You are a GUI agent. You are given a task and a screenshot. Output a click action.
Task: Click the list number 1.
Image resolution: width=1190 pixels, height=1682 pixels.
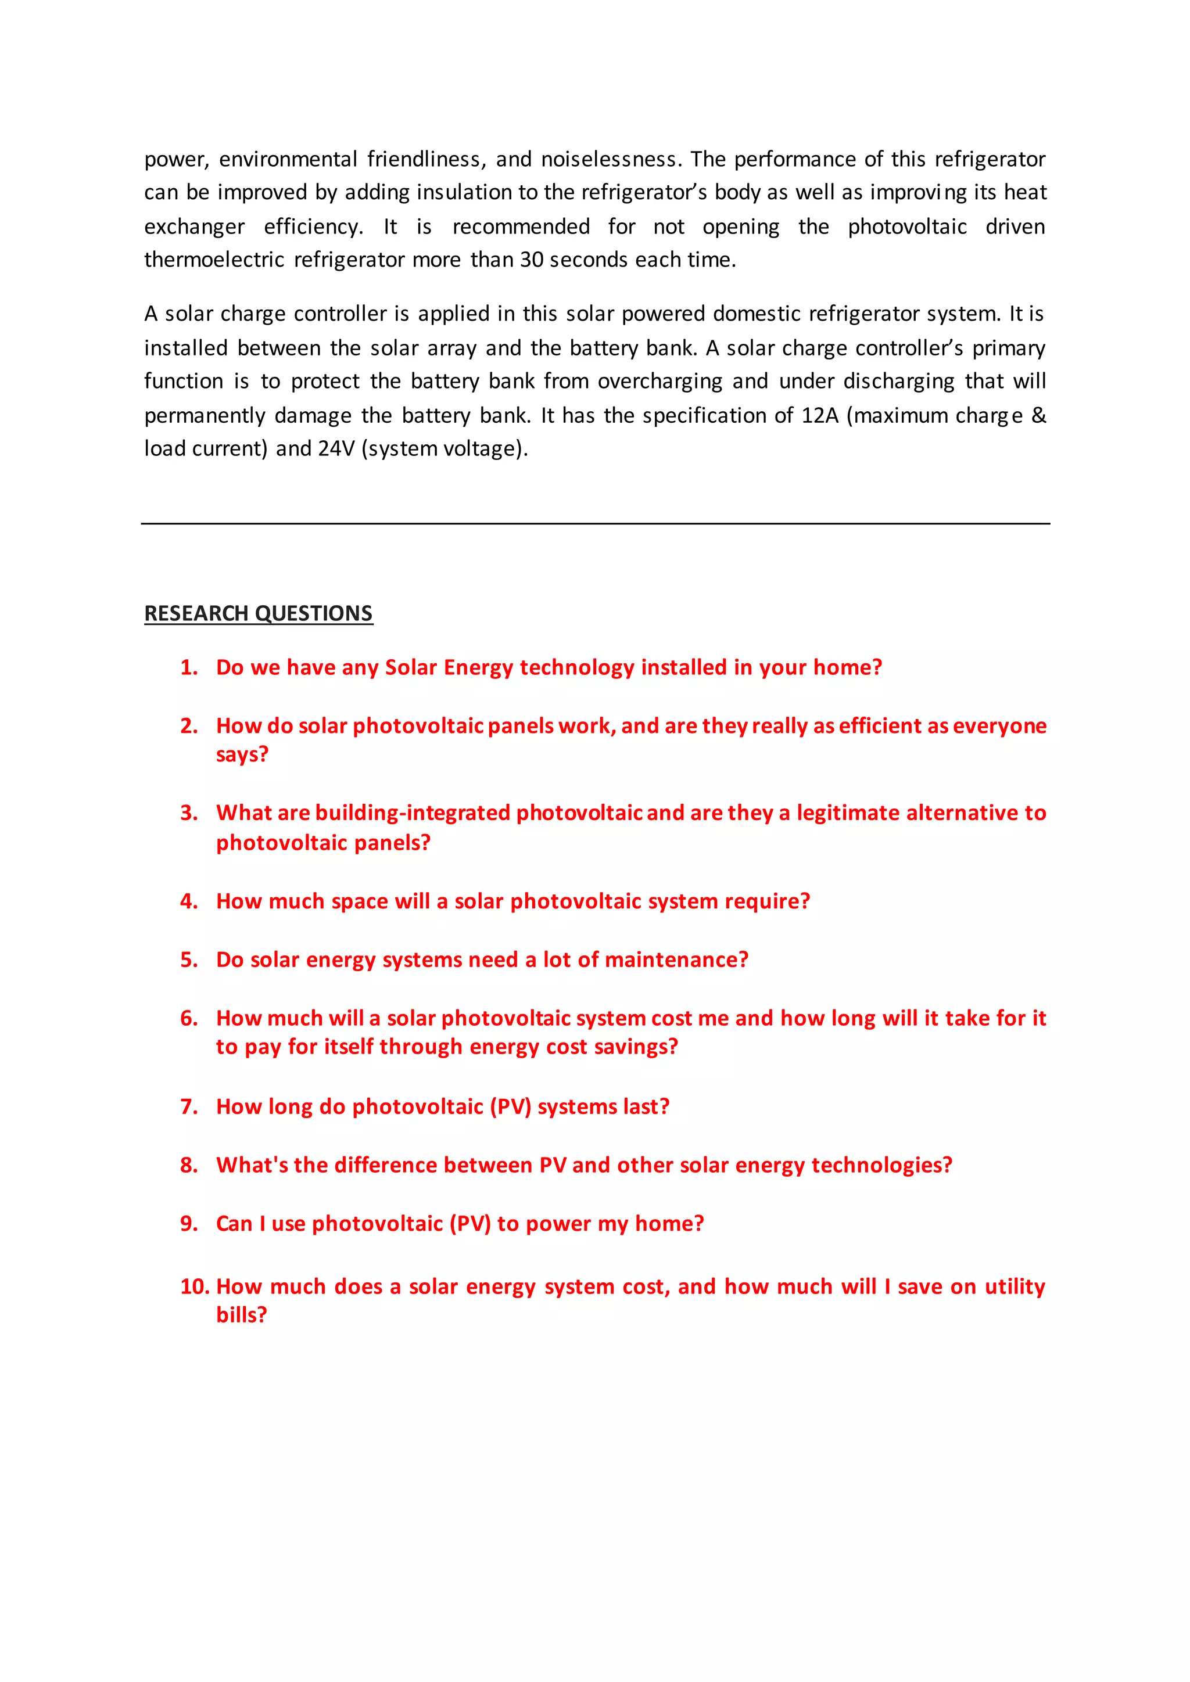point(188,667)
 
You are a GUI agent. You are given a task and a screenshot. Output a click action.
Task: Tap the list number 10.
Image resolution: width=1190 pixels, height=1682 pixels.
point(194,1286)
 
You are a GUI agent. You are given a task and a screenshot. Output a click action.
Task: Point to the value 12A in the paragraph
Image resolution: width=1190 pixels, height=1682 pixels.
point(819,415)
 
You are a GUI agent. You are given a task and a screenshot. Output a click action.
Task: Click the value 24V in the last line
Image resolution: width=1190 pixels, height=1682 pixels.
point(336,448)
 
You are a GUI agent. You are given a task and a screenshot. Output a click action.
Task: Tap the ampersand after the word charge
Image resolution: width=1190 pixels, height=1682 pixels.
point(1038,415)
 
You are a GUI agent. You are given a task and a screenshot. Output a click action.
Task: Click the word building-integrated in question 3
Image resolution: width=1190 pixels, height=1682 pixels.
point(413,813)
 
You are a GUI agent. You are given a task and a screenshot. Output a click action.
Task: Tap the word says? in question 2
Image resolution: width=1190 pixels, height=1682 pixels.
point(242,754)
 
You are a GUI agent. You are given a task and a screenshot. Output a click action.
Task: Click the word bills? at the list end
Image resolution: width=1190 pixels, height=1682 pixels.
point(241,1315)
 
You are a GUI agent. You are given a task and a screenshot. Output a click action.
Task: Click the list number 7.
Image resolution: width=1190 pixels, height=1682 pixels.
point(188,1106)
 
